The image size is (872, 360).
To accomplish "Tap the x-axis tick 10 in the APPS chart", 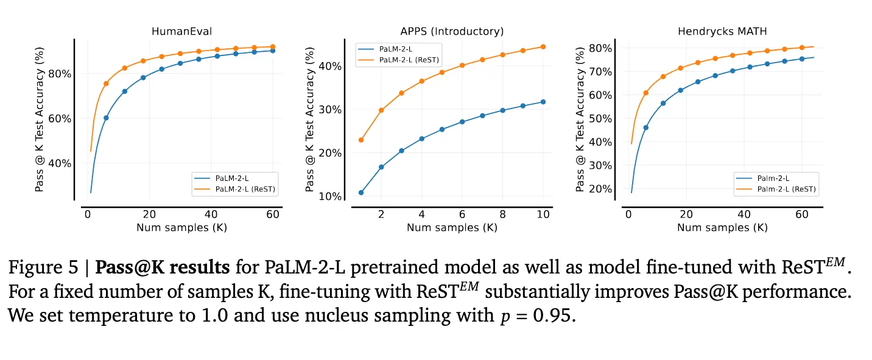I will coord(543,214).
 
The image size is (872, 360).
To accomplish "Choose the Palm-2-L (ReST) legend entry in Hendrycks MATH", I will coord(786,189).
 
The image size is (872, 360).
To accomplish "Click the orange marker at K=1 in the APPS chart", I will coord(361,139).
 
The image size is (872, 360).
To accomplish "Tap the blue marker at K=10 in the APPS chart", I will coord(543,102).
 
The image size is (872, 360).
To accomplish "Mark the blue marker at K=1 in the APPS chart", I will coord(361,192).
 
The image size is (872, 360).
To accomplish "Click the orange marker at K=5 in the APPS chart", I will coord(442,72).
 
